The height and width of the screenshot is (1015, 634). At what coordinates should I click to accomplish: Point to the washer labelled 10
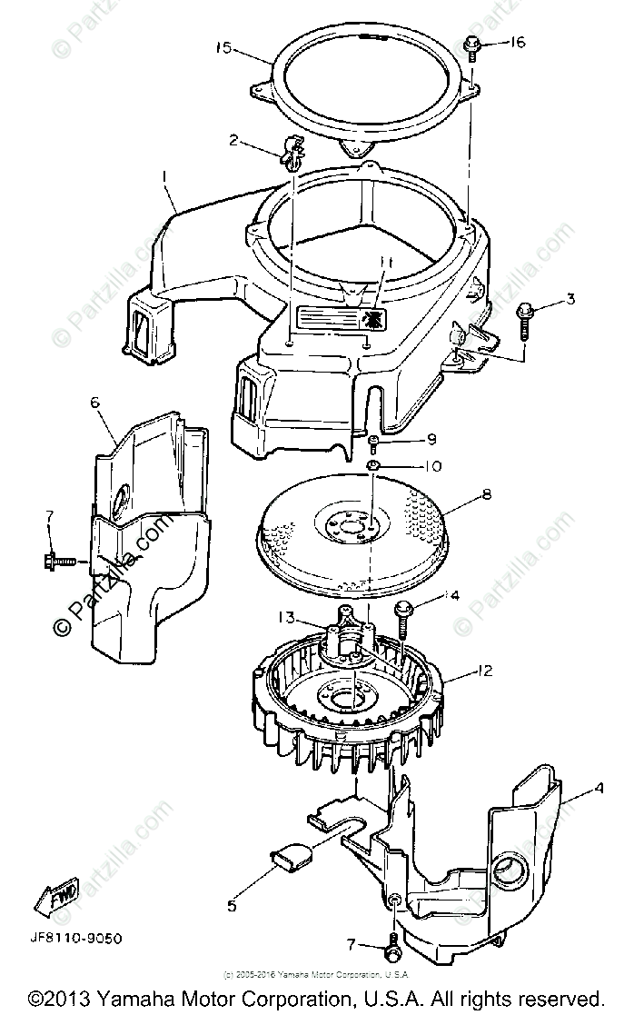point(372,467)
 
